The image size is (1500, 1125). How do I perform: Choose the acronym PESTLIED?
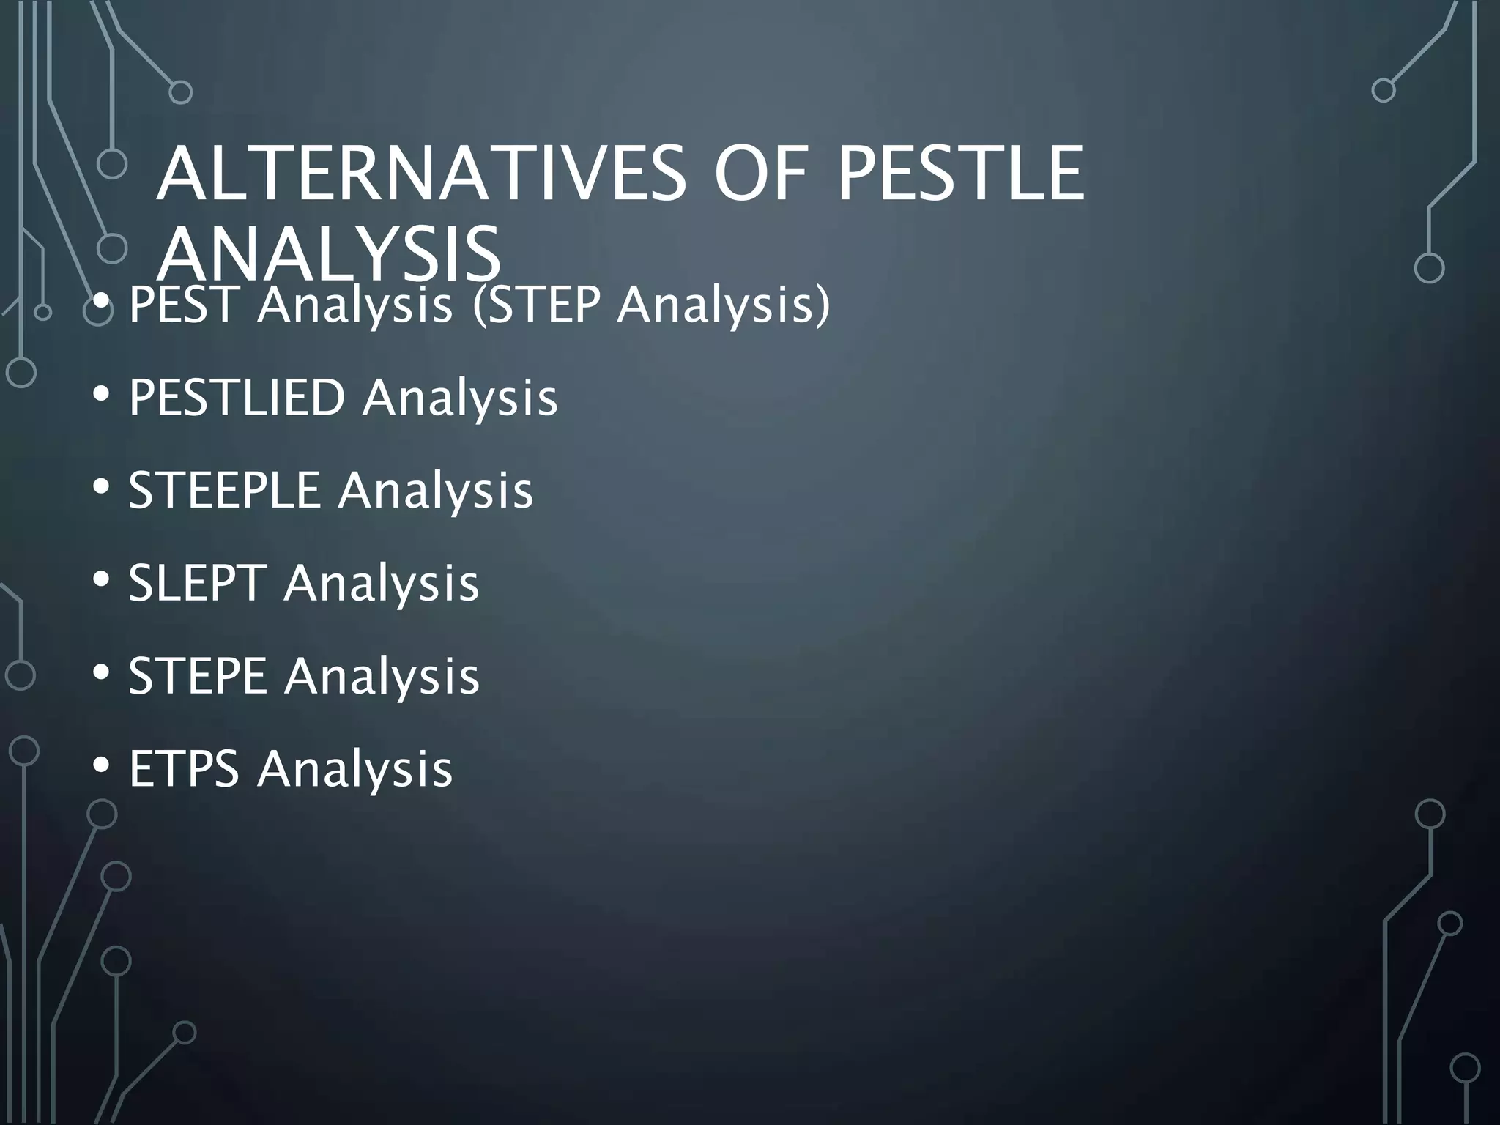(x=237, y=398)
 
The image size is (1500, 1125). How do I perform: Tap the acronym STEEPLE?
(x=224, y=490)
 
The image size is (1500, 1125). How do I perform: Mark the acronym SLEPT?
(x=196, y=583)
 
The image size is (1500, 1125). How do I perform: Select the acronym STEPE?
(x=197, y=675)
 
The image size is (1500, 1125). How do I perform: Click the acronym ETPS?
(x=184, y=768)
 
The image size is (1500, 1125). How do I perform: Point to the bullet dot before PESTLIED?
(x=102, y=395)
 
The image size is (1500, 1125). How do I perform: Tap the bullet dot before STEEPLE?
(x=102, y=487)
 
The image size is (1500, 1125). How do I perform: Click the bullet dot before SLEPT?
(x=102, y=580)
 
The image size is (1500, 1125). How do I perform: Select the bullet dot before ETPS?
(x=102, y=765)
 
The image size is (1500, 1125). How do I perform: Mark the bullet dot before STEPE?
(x=102, y=672)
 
